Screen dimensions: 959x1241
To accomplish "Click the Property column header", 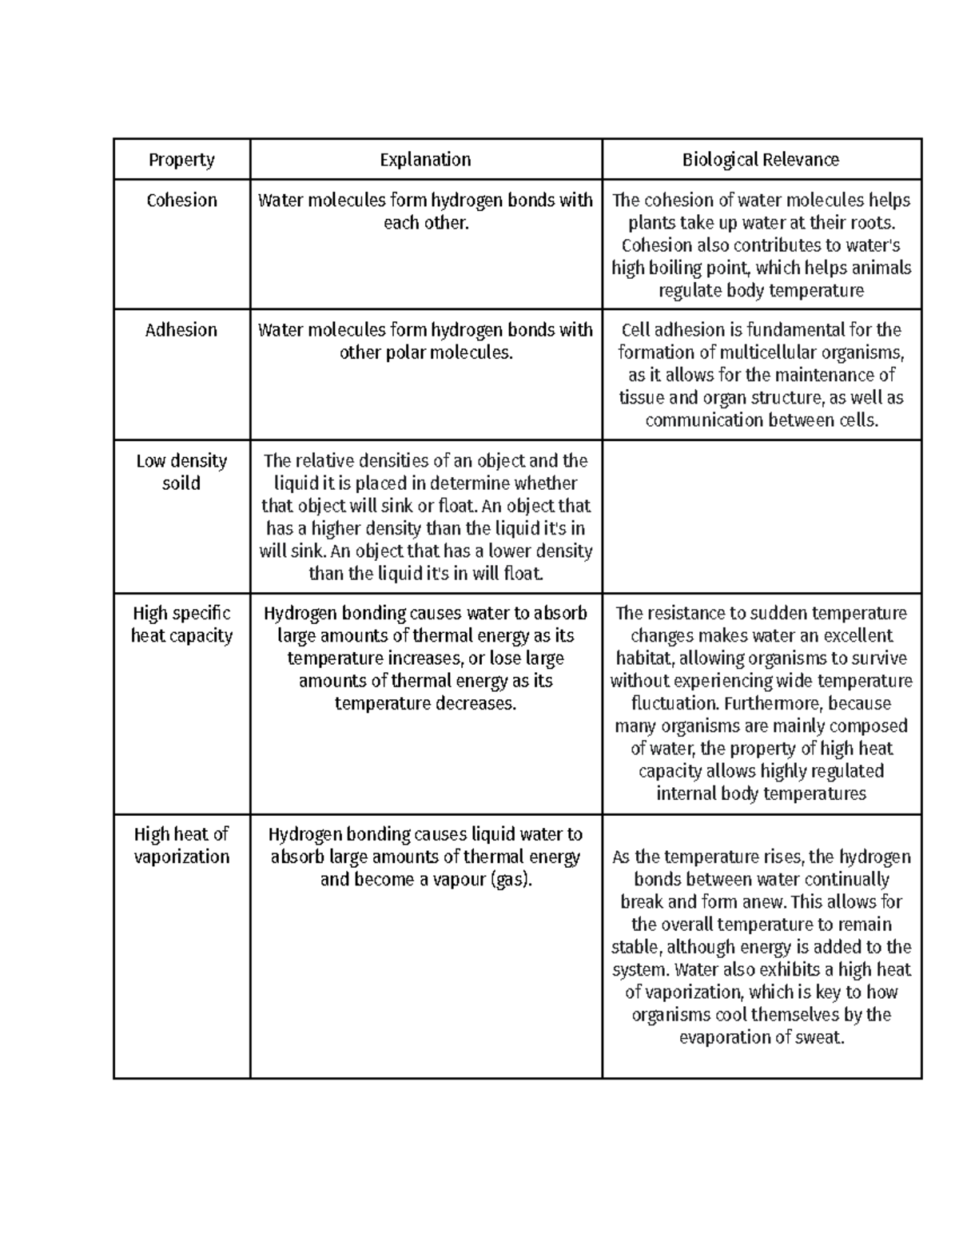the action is (181, 160).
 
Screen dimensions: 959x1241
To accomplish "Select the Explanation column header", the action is (425, 160).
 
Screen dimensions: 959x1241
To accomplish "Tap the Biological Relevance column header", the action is (761, 160).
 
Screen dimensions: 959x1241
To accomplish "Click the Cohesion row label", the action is (181, 201).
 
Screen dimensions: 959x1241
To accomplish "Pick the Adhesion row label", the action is (181, 330).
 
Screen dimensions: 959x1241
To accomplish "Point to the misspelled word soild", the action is (181, 483).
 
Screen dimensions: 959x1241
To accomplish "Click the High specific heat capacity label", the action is (181, 625).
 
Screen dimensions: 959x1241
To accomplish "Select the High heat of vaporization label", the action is (181, 845).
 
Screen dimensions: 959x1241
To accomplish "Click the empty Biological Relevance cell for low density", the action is (761, 516).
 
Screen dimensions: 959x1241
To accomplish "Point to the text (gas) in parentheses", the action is (510, 880).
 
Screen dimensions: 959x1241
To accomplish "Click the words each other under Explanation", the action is (425, 223).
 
